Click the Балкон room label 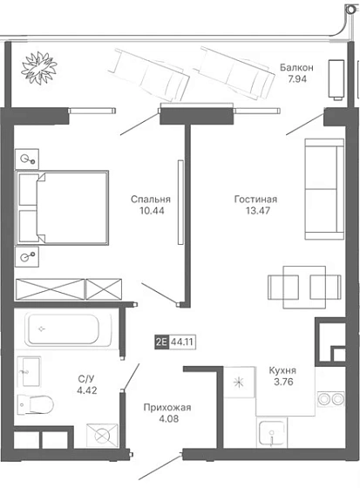tap(296, 67)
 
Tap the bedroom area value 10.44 tap(152, 211)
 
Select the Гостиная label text tap(255, 200)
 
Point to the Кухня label tap(282, 370)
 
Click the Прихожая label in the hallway tap(167, 408)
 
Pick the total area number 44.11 tap(182, 342)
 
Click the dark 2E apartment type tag tap(161, 342)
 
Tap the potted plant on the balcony tap(39, 68)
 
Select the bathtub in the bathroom tap(68, 329)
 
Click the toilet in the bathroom tap(35, 404)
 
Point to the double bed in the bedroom tap(62, 207)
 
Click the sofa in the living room tap(324, 189)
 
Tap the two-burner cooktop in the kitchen tap(330, 399)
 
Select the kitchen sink tap(272, 433)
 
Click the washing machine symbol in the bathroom tap(102, 436)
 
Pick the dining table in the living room tap(304, 287)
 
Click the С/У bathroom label tap(86, 379)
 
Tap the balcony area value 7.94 tap(297, 79)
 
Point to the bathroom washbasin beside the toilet tap(29, 371)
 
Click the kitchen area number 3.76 tap(283, 382)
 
